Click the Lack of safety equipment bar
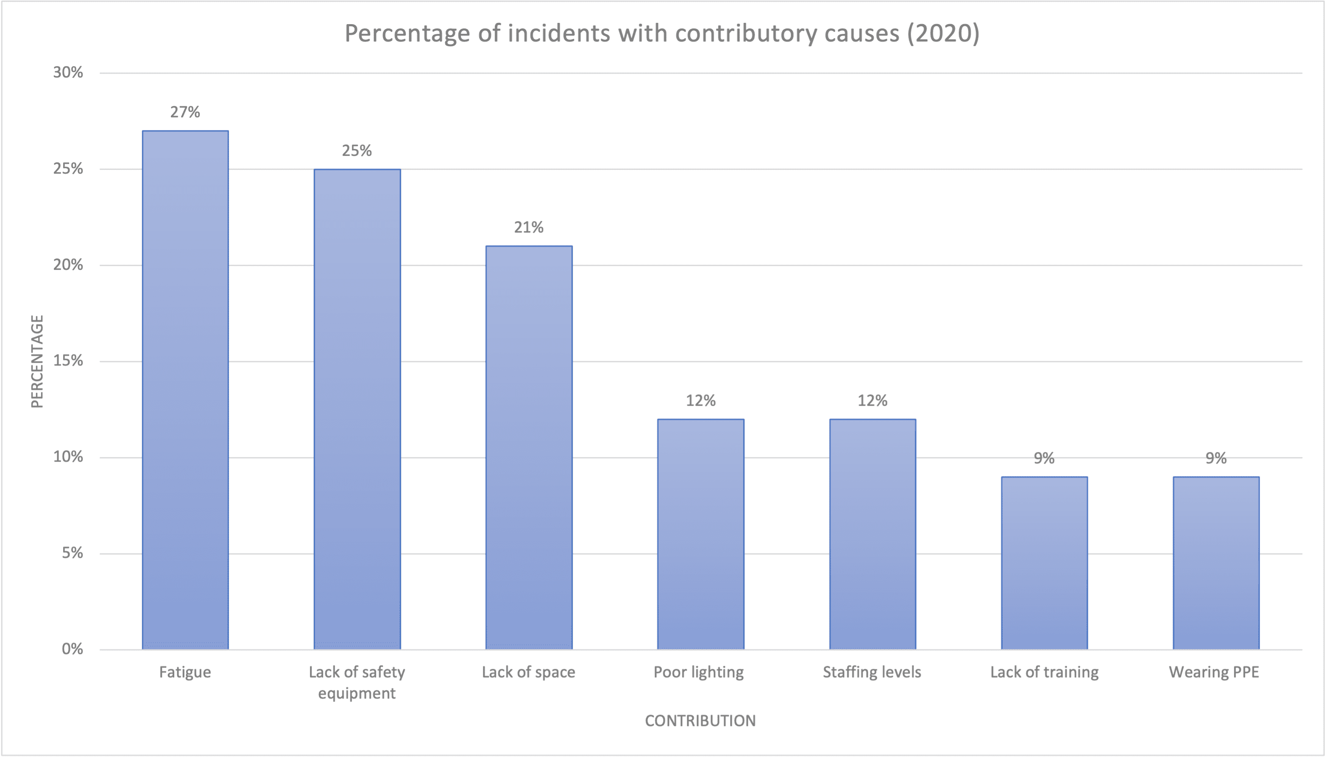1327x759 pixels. pyautogui.click(x=357, y=409)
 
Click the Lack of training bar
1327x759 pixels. pyautogui.click(x=1044, y=563)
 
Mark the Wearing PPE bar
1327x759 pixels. pyautogui.click(x=1216, y=563)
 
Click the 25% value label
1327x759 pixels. pyautogui.click(x=357, y=151)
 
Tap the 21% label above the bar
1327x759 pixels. pyautogui.click(x=529, y=227)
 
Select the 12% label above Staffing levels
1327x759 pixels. pyautogui.click(x=873, y=400)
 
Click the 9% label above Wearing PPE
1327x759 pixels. pyautogui.click(x=1216, y=458)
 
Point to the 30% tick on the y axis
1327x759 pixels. pyautogui.click(x=68, y=72)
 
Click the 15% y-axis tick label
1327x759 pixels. pyautogui.click(x=68, y=361)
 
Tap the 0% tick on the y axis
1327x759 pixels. pyautogui.click(x=72, y=649)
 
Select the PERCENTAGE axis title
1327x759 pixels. pyautogui.click(x=37, y=361)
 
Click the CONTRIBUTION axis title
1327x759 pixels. pyautogui.click(x=700, y=721)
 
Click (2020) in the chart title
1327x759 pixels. pyautogui.click(x=943, y=33)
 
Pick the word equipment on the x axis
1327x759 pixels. pyautogui.click(x=357, y=694)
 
